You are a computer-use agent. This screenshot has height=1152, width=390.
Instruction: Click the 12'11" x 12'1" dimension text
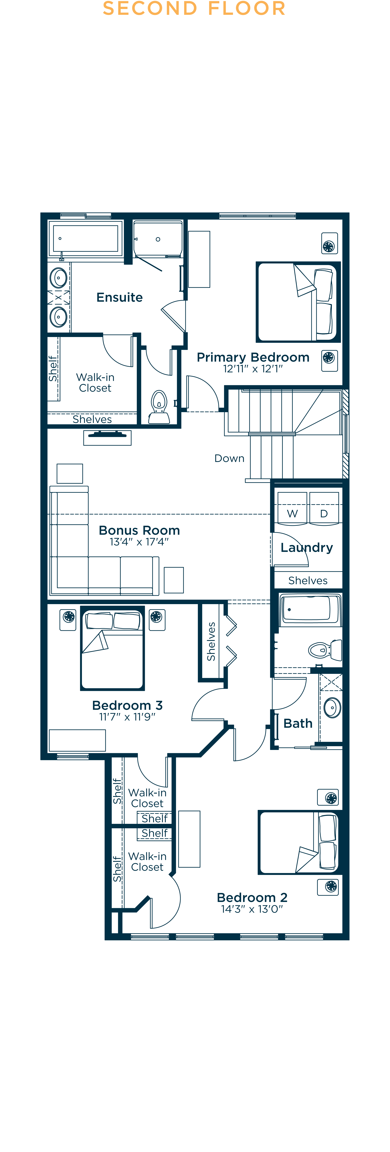pyautogui.click(x=253, y=369)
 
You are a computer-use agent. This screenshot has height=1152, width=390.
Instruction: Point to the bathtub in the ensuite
pyautogui.click(x=85, y=238)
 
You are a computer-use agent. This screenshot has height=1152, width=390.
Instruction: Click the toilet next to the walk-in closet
pyautogui.click(x=159, y=407)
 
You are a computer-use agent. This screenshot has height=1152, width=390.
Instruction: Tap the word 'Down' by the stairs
pyautogui.click(x=229, y=458)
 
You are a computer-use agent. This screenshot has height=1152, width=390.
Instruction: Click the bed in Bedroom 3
pyautogui.click(x=112, y=649)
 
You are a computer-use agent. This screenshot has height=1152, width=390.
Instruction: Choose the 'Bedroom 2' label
pyautogui.click(x=252, y=897)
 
